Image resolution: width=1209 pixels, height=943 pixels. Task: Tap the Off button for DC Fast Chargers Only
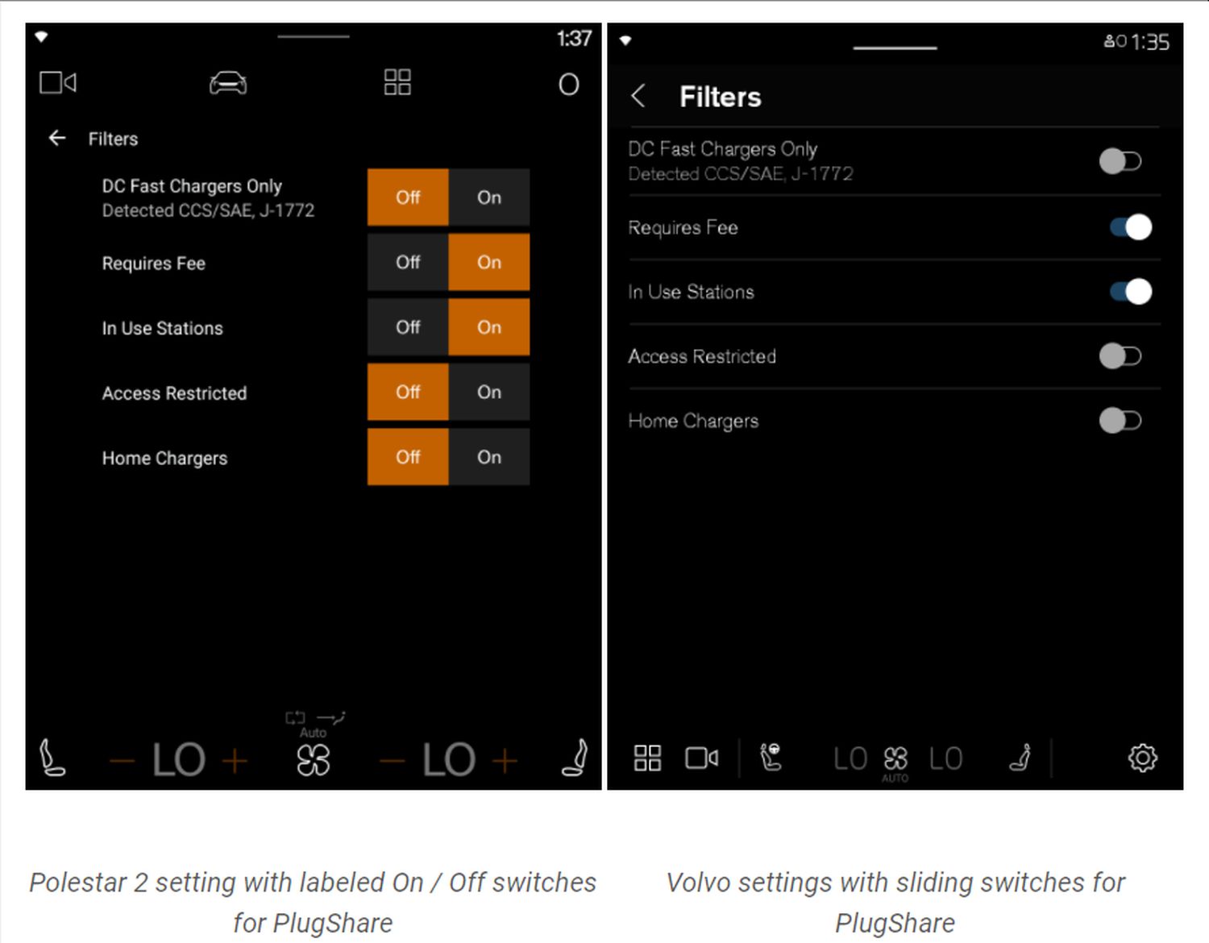pos(408,197)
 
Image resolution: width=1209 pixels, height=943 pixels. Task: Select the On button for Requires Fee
pos(489,262)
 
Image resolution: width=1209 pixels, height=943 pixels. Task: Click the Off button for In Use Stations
pos(408,327)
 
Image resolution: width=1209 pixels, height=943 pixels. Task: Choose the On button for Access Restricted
pos(489,393)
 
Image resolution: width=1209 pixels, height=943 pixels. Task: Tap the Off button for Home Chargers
pos(408,457)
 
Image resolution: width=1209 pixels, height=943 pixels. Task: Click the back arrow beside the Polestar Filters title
pos(57,138)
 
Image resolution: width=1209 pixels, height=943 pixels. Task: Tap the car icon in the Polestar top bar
pos(228,84)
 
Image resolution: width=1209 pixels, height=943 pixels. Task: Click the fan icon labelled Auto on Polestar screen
pos(314,760)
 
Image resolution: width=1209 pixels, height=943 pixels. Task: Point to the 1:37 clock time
pos(574,39)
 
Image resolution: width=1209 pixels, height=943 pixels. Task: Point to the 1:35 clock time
pos(1150,42)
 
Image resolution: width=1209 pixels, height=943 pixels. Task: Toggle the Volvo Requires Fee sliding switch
pos(1131,227)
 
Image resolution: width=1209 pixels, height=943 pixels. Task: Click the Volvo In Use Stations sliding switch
pos(1131,292)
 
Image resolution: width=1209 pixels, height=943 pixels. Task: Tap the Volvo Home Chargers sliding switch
pos(1120,421)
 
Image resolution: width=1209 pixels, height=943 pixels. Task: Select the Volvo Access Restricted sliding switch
pos(1120,356)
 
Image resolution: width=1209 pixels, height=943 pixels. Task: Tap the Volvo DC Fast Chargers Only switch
pos(1120,162)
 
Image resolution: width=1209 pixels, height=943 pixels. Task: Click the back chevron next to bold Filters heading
pos(638,96)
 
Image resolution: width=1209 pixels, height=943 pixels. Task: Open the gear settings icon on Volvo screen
pos(1143,758)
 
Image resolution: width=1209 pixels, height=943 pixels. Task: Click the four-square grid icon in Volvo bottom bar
pos(647,758)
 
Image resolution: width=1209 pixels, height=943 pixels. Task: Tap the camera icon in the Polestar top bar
pos(58,83)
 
